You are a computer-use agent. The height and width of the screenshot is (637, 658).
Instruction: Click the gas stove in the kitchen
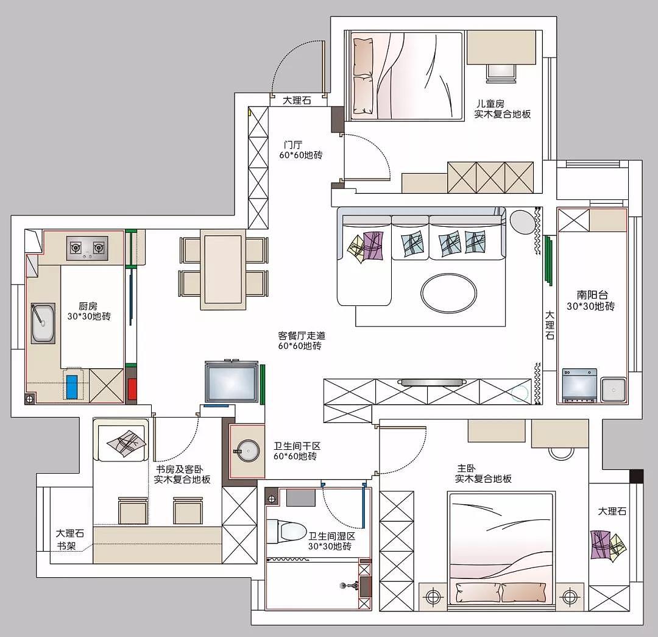(87, 247)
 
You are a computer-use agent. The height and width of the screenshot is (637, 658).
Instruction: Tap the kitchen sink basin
(43, 323)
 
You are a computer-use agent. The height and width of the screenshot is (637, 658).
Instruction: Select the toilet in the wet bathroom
(286, 530)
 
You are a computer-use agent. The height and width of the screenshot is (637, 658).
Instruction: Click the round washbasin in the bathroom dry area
(247, 451)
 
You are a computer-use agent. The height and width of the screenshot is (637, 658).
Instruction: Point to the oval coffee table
(448, 293)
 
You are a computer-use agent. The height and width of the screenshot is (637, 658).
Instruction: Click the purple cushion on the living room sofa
(373, 245)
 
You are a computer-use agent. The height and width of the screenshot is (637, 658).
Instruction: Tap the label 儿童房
(490, 103)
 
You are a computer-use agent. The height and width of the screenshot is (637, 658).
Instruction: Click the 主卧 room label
(466, 468)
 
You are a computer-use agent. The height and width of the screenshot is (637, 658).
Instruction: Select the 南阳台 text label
(592, 295)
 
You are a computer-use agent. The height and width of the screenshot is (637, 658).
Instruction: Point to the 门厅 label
(292, 145)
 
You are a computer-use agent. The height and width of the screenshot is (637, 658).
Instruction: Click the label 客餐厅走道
(302, 335)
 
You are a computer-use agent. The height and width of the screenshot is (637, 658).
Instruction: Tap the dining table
(223, 269)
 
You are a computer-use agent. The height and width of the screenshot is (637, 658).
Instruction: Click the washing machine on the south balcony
(579, 385)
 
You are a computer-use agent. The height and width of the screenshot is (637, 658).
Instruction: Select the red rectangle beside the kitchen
(132, 389)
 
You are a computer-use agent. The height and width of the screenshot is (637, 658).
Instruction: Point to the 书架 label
(66, 546)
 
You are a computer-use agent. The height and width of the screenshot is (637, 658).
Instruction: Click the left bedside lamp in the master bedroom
(433, 596)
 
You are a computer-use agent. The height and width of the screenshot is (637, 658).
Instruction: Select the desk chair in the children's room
(501, 72)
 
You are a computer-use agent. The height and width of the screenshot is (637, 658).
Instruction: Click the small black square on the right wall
(636, 475)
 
